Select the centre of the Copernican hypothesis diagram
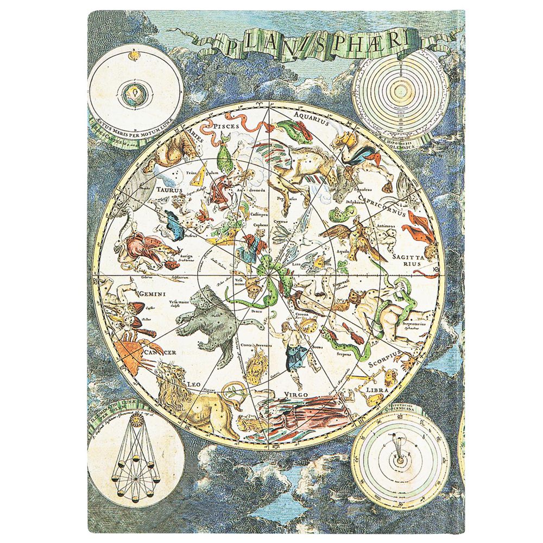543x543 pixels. [400, 461]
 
